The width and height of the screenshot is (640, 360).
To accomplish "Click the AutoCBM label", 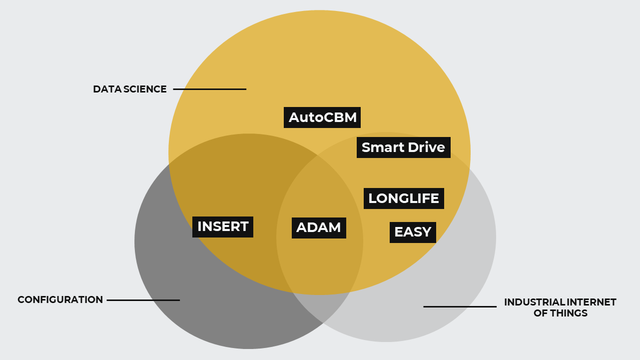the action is coord(322,117).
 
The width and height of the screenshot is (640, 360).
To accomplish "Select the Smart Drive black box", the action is coord(403,147).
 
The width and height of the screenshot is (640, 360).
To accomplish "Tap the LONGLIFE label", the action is coord(404,198).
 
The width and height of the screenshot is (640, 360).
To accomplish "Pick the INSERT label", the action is coord(223,227).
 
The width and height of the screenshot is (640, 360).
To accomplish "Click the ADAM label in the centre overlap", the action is coord(319,228).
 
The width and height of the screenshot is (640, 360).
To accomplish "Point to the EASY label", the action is coord(413,232).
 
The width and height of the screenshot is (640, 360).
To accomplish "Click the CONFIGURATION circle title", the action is coord(60,299).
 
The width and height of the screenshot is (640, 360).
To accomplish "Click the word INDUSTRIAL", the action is coord(534,302).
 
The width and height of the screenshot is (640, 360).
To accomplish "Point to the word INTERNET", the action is coord(592,302).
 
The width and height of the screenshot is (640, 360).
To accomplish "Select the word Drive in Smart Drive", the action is coord(426,147).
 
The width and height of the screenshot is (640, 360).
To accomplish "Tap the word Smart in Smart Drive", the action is coord(383,147).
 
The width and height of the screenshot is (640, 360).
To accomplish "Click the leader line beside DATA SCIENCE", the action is coord(210,89).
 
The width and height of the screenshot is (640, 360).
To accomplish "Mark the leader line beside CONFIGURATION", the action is coord(143,300).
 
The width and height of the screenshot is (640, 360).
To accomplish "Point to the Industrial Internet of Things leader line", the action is coord(460,307).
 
